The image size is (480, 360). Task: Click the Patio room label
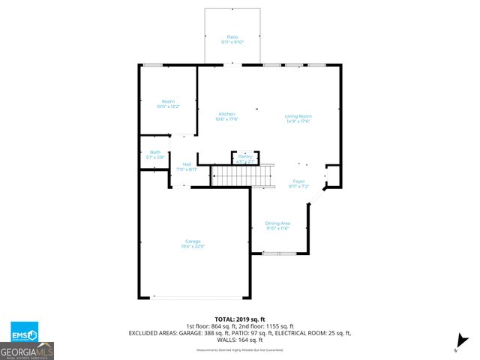(232, 37)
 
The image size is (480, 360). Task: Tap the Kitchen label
(226, 114)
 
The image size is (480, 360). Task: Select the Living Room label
(298, 116)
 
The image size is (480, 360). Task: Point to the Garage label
(193, 241)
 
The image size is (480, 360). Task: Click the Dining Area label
(277, 223)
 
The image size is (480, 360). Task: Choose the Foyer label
(298, 181)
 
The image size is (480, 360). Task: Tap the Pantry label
(245, 156)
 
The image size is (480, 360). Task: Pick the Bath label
(155, 152)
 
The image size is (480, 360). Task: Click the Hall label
(186, 164)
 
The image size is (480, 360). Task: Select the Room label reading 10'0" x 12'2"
(168, 101)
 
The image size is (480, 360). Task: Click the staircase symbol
(242, 177)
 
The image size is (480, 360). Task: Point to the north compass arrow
(463, 340)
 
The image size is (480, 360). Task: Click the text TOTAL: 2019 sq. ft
(240, 319)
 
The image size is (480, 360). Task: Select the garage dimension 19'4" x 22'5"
(193, 246)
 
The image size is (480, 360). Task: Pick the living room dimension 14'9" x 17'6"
(298, 121)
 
